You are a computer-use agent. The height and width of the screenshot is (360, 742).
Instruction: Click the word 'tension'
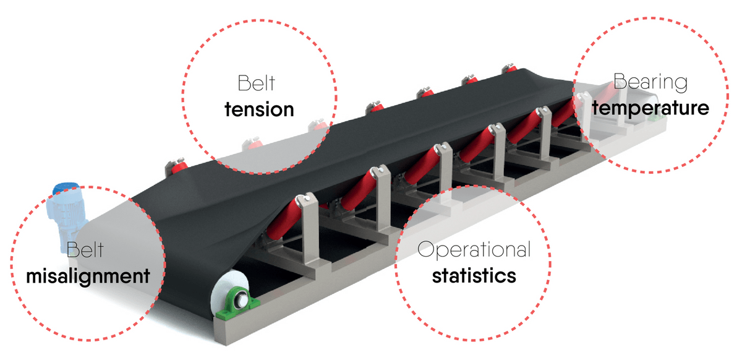(258, 109)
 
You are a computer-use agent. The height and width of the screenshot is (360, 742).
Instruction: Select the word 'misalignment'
(88, 275)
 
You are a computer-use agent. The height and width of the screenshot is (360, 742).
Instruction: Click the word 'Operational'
(474, 250)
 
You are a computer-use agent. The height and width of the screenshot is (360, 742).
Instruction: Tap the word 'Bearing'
(650, 82)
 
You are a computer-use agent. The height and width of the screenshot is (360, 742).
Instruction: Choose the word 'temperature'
(650, 108)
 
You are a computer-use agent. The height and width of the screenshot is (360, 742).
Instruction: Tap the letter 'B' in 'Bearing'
(618, 80)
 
